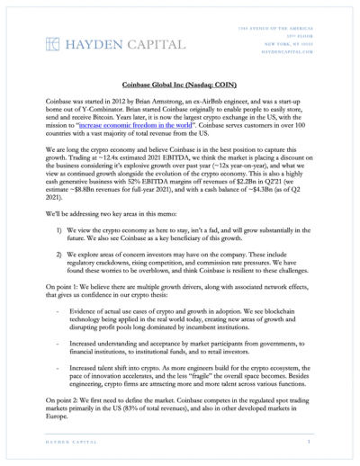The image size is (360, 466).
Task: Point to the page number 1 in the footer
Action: [308, 454]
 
